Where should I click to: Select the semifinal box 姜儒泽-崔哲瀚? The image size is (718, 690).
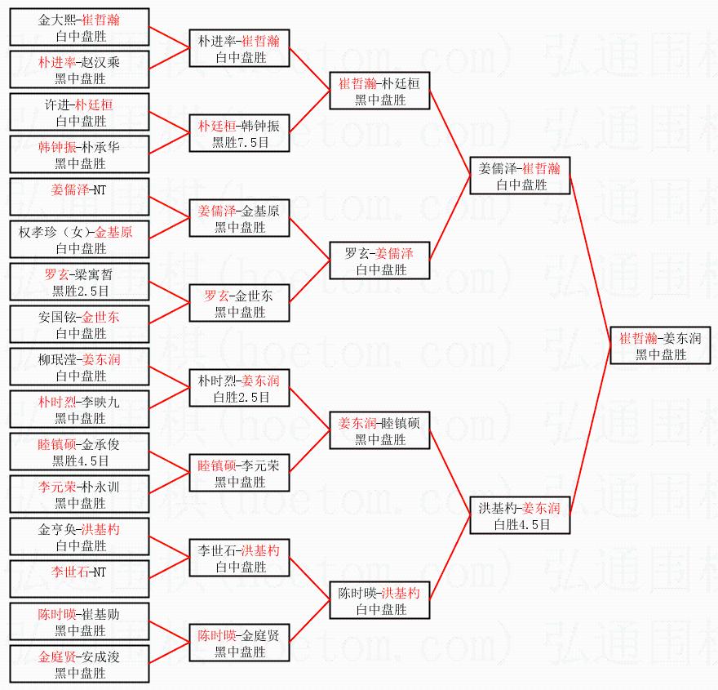[520, 176]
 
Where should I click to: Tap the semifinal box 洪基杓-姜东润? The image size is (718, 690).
[520, 515]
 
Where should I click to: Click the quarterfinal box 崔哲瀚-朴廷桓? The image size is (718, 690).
[379, 91]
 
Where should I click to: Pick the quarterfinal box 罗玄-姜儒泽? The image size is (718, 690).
[379, 260]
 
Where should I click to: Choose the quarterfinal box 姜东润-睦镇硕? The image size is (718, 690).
[379, 430]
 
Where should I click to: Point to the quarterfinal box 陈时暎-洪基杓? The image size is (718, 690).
[379, 600]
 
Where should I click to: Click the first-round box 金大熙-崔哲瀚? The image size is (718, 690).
[80, 27]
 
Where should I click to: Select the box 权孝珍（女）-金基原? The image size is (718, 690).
[80, 239]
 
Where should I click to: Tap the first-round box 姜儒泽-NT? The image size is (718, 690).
[80, 197]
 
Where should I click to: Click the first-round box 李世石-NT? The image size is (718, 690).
[80, 579]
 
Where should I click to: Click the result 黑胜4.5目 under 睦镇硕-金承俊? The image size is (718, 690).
[80, 461]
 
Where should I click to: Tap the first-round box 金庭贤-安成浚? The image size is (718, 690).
[80, 664]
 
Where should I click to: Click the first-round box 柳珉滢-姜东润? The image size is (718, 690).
[80, 367]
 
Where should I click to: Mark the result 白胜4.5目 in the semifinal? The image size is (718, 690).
[520, 524]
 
